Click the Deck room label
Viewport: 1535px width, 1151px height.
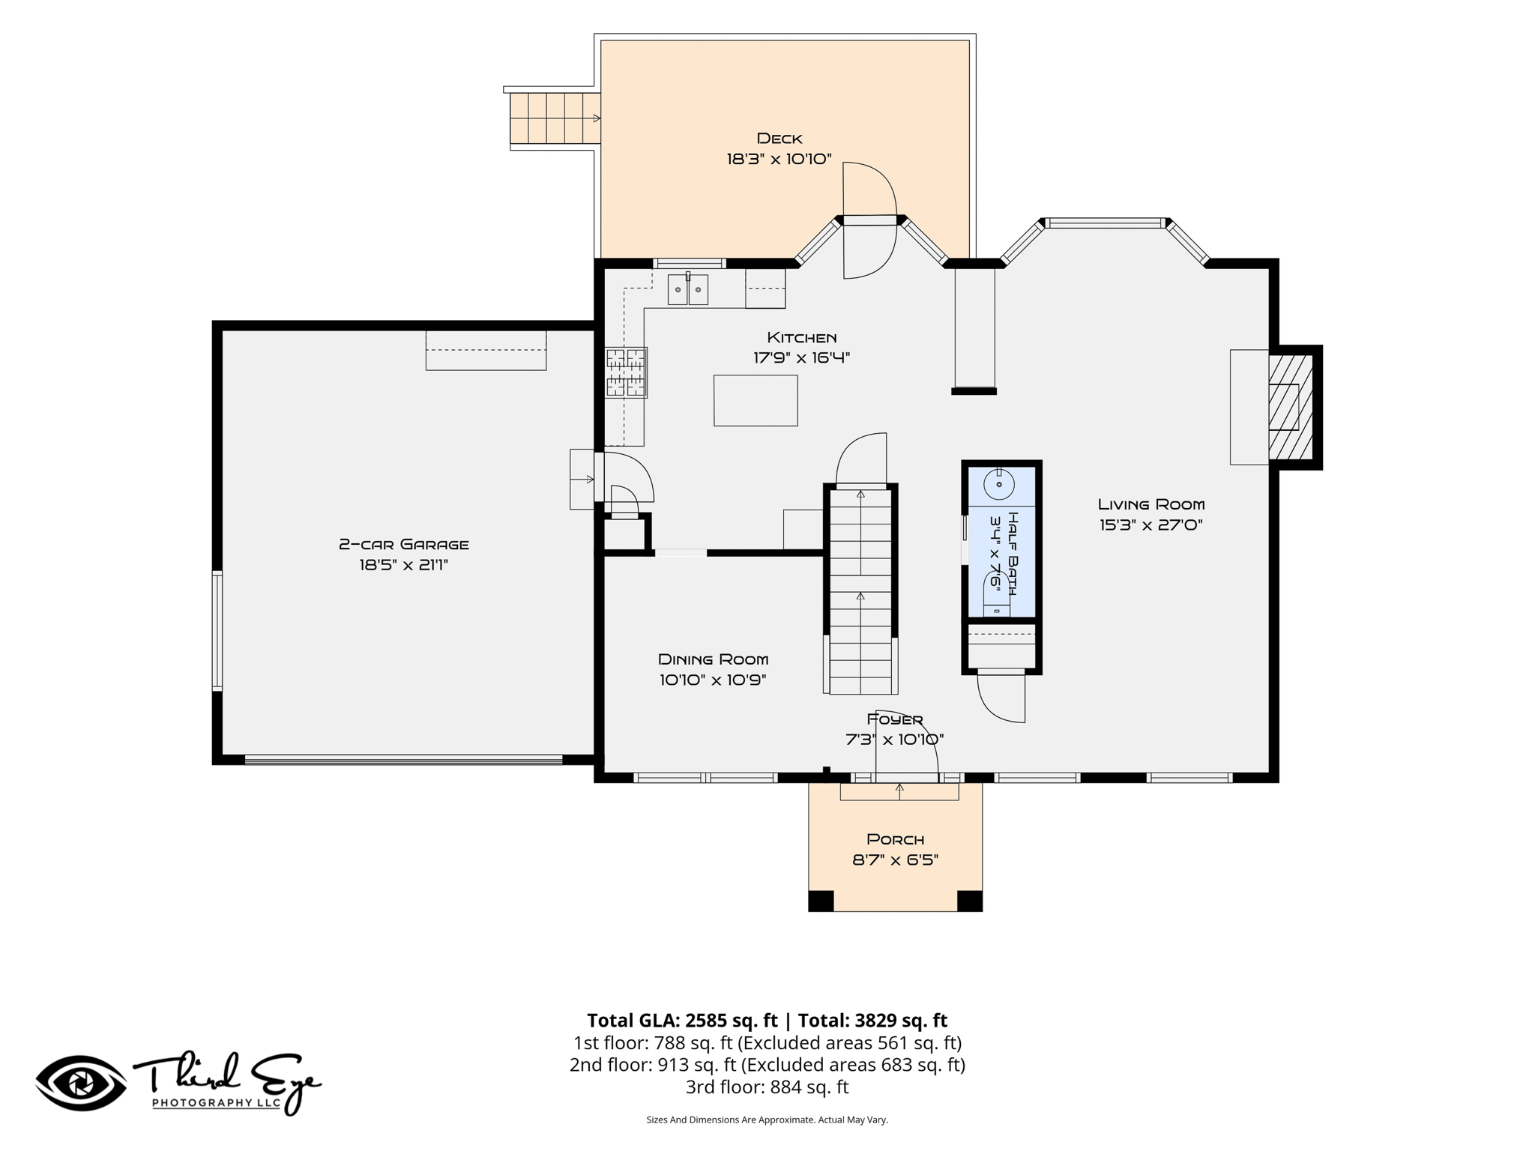(x=779, y=139)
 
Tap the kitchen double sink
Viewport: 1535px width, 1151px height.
(x=688, y=289)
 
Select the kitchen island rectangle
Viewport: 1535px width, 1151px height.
(x=756, y=401)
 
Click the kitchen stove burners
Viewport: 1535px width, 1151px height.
(x=626, y=372)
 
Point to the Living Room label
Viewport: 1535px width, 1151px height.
(x=1151, y=504)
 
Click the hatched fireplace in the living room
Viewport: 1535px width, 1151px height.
(x=1291, y=407)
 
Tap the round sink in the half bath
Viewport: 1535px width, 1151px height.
(x=999, y=484)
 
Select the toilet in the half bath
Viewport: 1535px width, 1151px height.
(x=996, y=596)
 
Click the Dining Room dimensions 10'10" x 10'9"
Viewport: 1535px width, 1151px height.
(x=713, y=680)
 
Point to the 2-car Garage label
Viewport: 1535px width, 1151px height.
(x=404, y=545)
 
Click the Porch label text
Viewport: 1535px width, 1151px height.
(x=896, y=839)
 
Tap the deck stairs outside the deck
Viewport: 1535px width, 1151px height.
(x=555, y=118)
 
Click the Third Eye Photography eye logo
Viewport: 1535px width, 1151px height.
(x=82, y=1084)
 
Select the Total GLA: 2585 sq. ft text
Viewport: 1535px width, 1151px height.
(x=682, y=1021)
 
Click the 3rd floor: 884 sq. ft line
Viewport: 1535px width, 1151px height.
(x=767, y=1087)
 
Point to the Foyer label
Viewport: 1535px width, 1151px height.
(x=895, y=719)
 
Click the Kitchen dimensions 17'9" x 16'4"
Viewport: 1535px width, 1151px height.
(x=802, y=357)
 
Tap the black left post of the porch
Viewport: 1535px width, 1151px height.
(x=821, y=901)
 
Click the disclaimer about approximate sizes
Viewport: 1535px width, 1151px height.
(x=767, y=1120)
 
